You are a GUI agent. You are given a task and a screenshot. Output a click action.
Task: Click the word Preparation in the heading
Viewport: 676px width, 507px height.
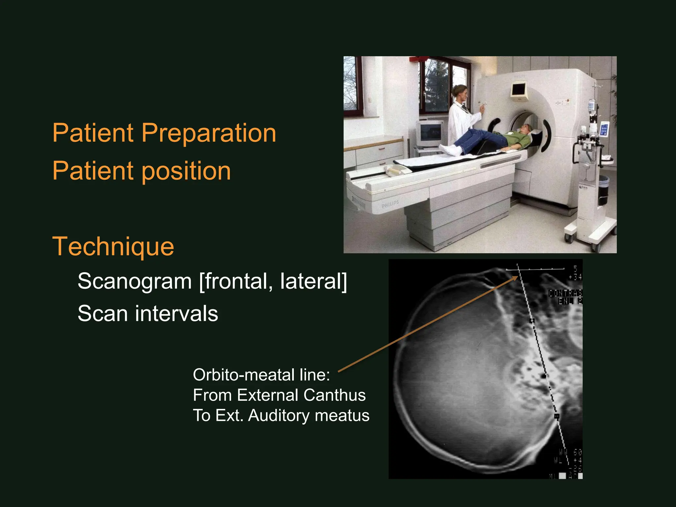pos(209,133)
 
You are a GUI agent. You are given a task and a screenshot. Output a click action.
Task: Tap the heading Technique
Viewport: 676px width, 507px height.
pos(113,247)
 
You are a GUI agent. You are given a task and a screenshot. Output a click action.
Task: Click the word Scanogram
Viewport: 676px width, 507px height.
pos(135,281)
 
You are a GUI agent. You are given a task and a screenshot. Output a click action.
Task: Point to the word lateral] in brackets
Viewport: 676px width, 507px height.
pos(314,281)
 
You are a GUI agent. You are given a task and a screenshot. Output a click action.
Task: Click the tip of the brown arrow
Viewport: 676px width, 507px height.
pos(517,277)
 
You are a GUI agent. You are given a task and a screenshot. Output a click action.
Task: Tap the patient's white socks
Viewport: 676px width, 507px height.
pos(450,150)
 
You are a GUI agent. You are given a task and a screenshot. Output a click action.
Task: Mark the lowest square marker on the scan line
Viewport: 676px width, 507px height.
pos(557,417)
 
